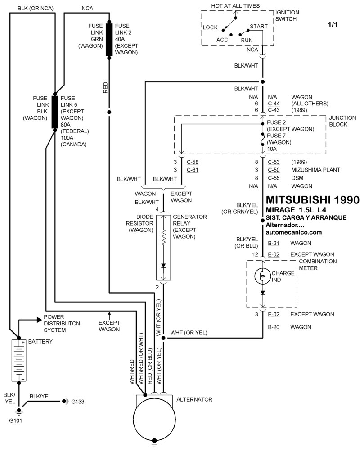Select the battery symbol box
click(19, 361)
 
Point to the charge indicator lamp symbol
click(262, 276)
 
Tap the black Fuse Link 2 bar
click(109, 40)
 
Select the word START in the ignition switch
click(258, 27)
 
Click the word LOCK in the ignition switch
click(210, 27)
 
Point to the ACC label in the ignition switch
click(223, 39)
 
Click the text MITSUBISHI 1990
click(313, 199)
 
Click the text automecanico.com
click(294, 232)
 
